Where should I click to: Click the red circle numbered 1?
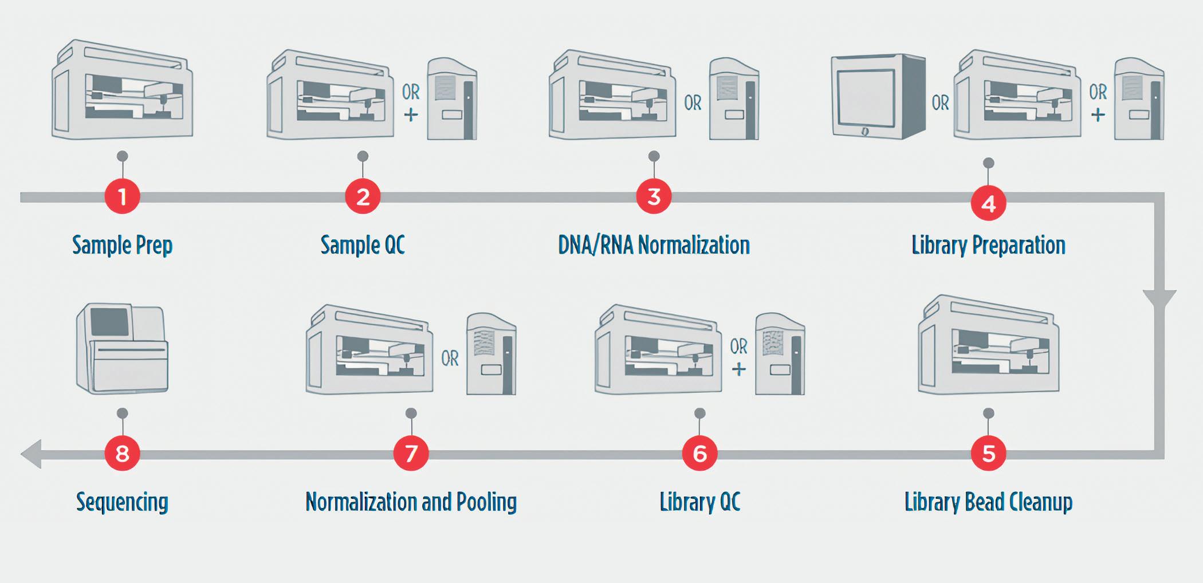[x=122, y=197]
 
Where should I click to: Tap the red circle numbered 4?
[x=988, y=204]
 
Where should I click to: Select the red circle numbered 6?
[x=699, y=454]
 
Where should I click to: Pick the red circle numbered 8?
[x=122, y=454]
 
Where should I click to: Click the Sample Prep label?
[x=122, y=245]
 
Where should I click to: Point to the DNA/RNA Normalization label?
[x=654, y=245]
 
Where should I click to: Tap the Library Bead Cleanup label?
[x=988, y=502]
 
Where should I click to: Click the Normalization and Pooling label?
[x=411, y=502]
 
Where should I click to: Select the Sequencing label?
[x=122, y=502]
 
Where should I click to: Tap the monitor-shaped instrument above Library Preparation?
[x=878, y=97]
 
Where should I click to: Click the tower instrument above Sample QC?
[x=452, y=99]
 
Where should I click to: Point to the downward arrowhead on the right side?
[x=1159, y=301]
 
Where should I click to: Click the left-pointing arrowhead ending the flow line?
[x=32, y=454]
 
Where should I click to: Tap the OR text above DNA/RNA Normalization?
[x=693, y=103]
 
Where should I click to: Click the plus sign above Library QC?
[x=739, y=369]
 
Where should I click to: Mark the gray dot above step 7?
[x=411, y=413]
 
